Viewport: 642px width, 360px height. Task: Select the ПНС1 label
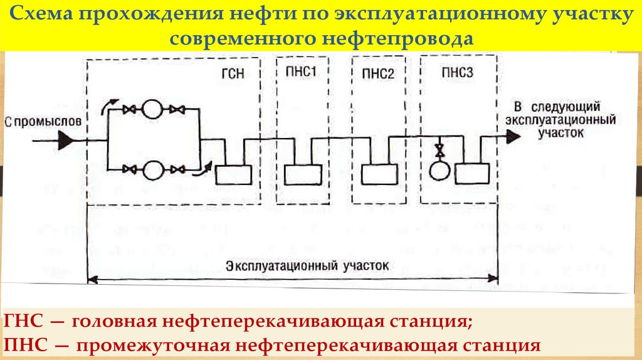(301, 71)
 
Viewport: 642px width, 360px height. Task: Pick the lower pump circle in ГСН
(151, 169)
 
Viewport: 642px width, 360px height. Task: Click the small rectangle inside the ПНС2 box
(379, 172)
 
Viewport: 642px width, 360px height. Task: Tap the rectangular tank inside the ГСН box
(233, 172)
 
